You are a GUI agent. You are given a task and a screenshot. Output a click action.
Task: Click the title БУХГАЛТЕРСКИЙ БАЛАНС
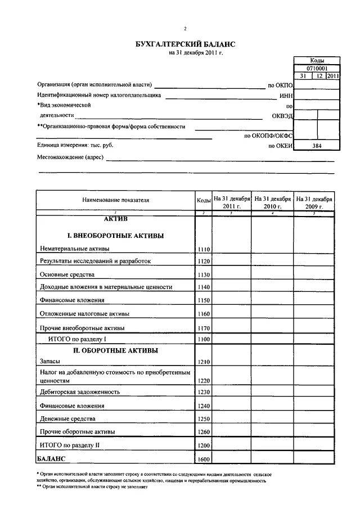[185, 44]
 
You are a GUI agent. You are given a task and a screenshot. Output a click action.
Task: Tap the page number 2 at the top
[184, 29]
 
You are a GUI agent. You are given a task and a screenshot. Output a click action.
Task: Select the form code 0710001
[317, 68]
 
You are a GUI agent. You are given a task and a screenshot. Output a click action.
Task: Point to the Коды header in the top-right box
[317, 60]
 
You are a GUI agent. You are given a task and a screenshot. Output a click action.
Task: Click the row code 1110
[203, 249]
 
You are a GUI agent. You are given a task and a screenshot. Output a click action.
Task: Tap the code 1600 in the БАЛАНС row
[203, 460]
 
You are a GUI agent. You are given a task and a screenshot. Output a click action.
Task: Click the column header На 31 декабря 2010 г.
[272, 202]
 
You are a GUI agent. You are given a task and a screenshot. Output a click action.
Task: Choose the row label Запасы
[51, 363]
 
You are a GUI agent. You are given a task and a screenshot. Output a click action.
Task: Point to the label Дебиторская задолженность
[79, 392]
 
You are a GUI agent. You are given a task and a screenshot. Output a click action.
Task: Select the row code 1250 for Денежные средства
[203, 419]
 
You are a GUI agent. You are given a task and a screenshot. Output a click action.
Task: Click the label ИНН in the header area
[286, 96]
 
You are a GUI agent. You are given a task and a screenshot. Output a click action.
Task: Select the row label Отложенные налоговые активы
[84, 313]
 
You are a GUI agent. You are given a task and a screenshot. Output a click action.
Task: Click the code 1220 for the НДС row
[203, 381]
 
